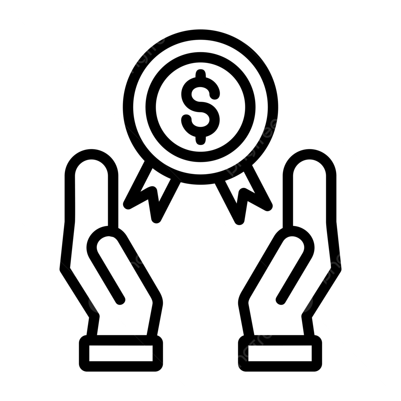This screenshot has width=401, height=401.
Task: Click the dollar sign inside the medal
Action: click(x=200, y=107)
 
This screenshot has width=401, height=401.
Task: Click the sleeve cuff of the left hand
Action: click(x=121, y=354)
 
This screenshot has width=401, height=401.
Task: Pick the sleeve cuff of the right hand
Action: click(x=280, y=354)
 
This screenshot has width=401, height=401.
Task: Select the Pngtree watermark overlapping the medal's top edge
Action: click(x=145, y=53)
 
